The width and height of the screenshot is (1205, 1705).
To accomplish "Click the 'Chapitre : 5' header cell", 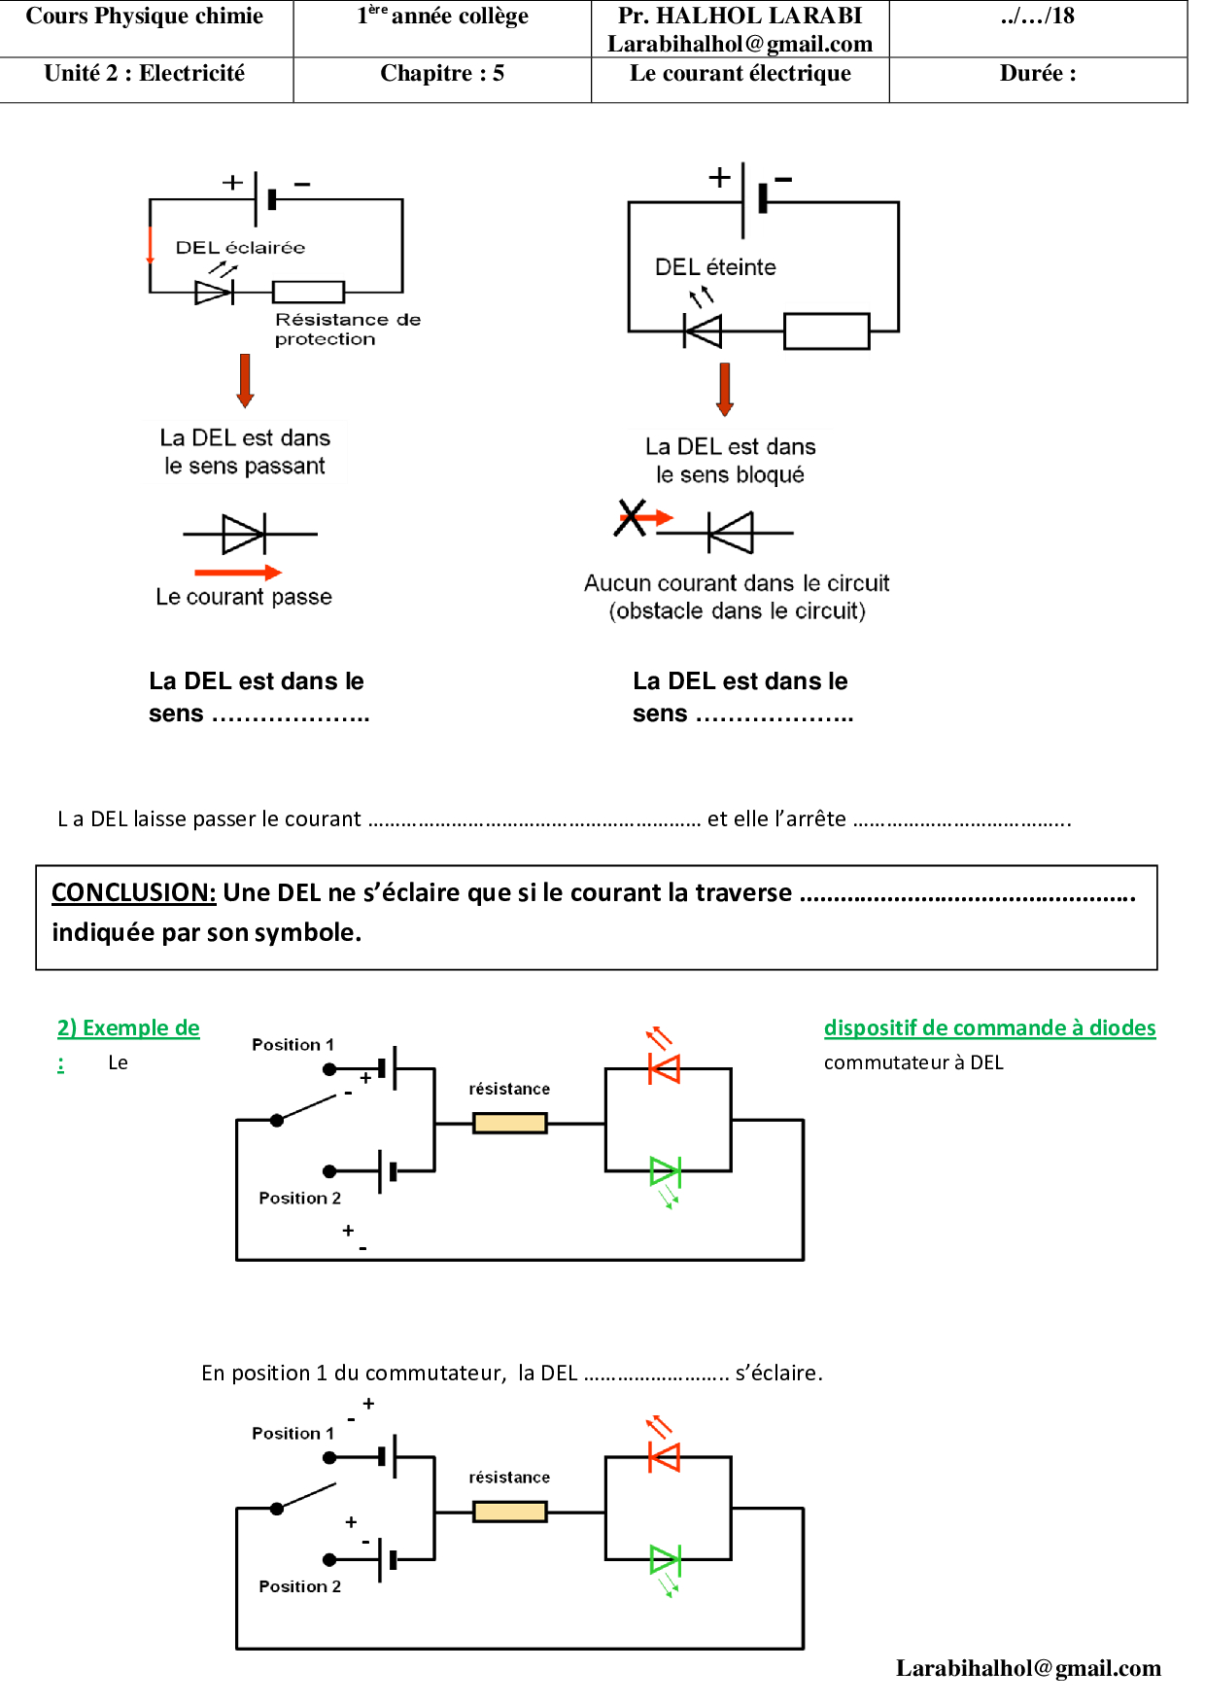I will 442,74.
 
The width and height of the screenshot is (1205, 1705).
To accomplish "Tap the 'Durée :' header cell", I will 1038,74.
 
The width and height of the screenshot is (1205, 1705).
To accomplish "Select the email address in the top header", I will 740,44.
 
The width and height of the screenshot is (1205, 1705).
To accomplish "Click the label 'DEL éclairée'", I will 240,248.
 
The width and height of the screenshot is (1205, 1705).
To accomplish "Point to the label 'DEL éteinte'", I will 715,267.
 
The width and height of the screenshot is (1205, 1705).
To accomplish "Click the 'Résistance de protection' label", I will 347,329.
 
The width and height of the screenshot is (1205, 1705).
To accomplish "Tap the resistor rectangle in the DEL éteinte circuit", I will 826,331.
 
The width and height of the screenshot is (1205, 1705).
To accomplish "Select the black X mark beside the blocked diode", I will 631,517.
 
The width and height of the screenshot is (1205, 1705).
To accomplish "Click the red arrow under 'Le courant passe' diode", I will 238,573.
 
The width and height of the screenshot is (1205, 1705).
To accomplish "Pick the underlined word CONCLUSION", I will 133,892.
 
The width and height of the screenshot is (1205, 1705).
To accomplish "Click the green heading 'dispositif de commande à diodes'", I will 989,1027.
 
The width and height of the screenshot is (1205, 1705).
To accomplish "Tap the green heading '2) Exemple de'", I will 128,1027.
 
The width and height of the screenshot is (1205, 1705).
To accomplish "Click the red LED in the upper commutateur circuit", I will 666,1069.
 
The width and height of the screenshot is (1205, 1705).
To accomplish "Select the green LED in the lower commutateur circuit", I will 666,1560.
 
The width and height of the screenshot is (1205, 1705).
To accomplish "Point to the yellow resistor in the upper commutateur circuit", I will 509,1124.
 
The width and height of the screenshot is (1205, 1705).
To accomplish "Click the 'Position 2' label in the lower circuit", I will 299,1586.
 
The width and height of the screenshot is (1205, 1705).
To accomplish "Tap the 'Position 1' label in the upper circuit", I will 293,1045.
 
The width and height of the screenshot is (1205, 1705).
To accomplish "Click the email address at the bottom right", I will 1028,1668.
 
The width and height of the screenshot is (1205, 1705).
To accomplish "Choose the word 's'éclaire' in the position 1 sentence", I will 778,1373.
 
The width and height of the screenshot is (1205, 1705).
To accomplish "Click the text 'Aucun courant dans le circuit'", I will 737,583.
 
